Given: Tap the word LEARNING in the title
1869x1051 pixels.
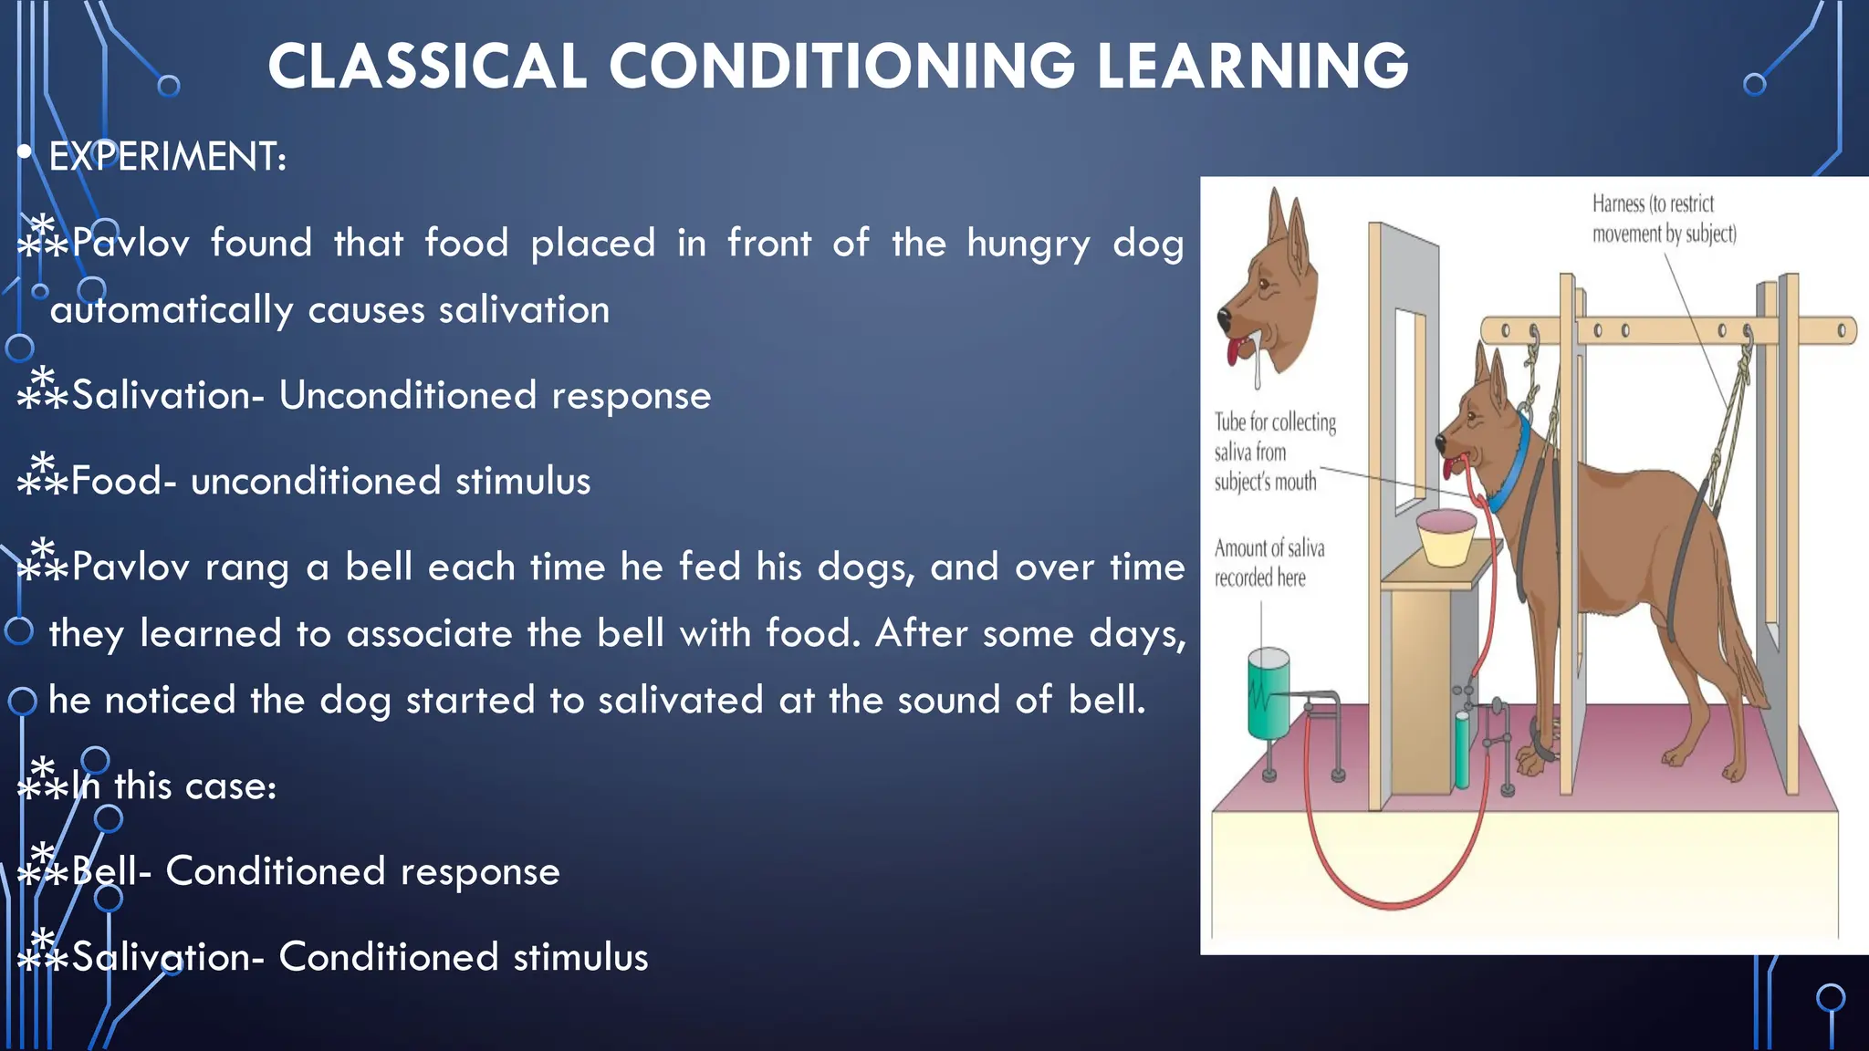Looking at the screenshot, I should (x=1252, y=67).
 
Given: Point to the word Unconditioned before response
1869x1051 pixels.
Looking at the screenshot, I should (x=407, y=396).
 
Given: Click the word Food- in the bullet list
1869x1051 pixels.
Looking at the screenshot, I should (x=124, y=482).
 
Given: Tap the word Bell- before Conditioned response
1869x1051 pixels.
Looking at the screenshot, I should (x=111, y=871).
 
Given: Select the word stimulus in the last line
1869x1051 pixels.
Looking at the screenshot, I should (x=580, y=957).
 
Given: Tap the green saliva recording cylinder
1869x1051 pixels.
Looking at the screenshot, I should (x=1269, y=693).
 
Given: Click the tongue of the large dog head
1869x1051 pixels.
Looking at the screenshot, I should (x=1235, y=351).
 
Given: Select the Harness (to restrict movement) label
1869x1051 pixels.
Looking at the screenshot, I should (x=1663, y=219).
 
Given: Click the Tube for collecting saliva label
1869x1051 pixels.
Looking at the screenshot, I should (x=1274, y=452).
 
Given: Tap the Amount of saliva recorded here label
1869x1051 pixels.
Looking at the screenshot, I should (x=1269, y=563).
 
